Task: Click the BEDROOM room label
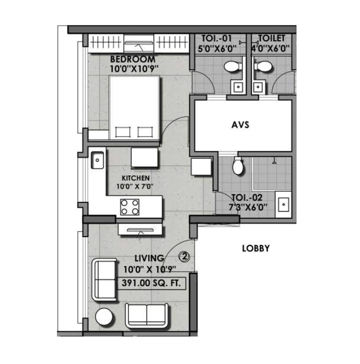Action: [x=133, y=60]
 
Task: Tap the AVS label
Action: [x=240, y=125]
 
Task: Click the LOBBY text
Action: [x=255, y=249]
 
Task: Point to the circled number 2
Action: [x=185, y=256]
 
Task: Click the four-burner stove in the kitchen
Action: [x=130, y=206]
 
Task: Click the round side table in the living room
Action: [x=104, y=317]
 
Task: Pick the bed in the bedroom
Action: [x=134, y=108]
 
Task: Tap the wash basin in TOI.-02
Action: [x=284, y=203]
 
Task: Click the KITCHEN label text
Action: [x=136, y=178]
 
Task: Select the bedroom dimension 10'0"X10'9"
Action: [x=133, y=69]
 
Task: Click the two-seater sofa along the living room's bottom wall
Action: [x=147, y=315]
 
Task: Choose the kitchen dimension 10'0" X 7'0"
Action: [x=136, y=186]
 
